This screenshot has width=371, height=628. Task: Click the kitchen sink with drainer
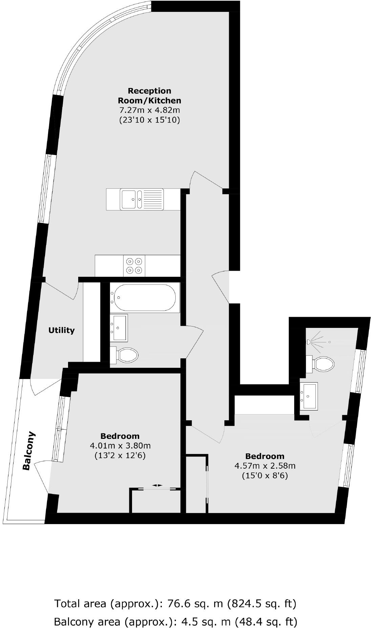coord(142,199)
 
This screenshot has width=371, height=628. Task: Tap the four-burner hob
coord(134,266)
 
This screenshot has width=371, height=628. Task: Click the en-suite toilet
coord(322,364)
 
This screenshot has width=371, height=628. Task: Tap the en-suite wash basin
coord(309,396)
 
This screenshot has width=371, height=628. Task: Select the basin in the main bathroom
coord(119,327)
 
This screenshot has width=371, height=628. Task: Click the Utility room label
coord(61,330)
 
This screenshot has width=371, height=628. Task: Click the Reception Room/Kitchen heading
coord(149,96)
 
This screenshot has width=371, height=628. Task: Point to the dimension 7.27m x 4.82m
coord(149,110)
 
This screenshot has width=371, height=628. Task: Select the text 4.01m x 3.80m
coord(120,446)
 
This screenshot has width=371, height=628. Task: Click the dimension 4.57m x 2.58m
coord(265,466)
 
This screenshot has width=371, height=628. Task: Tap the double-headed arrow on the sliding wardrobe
coord(157,485)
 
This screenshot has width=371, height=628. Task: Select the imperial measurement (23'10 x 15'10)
coord(149,120)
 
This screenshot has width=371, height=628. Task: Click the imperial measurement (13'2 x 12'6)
coord(120,455)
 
